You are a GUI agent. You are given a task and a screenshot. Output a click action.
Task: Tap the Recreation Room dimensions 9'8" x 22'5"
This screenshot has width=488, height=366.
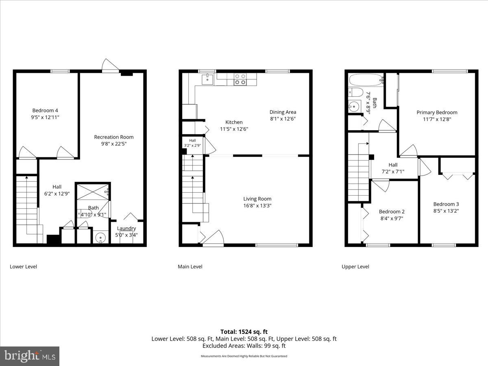113,144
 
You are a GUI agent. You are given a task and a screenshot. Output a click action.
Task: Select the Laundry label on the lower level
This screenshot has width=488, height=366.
126,228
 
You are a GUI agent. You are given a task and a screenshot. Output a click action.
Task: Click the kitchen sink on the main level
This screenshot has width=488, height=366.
209,78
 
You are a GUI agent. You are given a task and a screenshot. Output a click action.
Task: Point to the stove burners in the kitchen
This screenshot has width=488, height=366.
240,79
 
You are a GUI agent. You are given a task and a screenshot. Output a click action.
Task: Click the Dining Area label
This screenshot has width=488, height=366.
283,112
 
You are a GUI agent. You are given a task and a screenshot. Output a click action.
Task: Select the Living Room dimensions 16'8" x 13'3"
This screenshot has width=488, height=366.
257,206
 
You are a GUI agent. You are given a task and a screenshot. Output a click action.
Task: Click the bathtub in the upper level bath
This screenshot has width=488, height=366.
365,79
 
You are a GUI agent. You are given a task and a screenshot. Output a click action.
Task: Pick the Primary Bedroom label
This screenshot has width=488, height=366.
437,112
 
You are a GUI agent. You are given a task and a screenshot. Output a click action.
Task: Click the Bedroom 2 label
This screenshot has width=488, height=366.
392,211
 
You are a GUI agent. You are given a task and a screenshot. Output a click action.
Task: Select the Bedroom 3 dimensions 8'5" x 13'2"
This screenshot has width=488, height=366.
446,211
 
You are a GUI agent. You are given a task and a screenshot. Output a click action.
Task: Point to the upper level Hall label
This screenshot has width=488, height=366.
393,165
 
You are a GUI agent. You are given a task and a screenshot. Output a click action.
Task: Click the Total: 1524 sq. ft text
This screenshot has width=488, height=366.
244,332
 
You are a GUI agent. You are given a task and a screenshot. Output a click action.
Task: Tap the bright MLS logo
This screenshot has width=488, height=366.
30,356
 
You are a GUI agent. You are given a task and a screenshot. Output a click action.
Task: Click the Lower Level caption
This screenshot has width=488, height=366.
23,267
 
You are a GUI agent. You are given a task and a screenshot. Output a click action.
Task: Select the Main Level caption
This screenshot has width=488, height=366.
190,267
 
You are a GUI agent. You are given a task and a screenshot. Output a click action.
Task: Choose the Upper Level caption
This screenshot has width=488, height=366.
355,267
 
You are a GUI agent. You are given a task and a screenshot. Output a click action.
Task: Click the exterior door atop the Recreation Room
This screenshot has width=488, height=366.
110,66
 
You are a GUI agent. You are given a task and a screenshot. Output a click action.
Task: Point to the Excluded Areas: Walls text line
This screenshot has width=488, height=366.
244,346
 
